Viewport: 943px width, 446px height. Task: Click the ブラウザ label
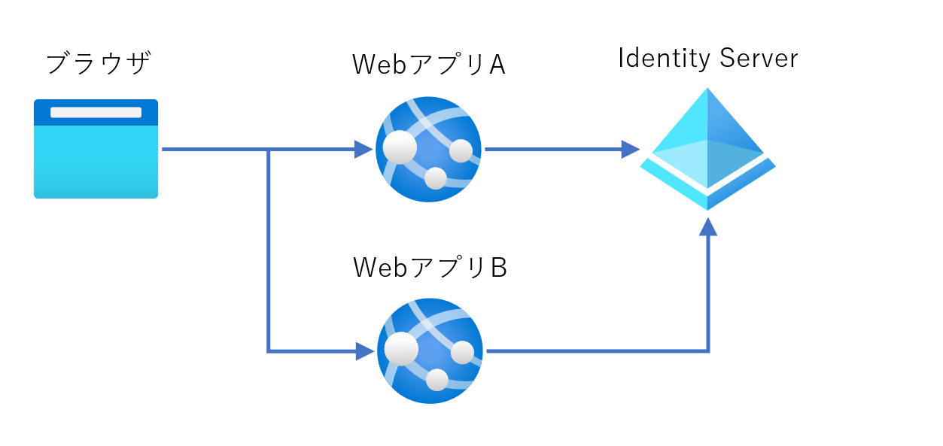pyautogui.click(x=98, y=63)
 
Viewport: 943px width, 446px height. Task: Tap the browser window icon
pyautogui.click(x=96, y=148)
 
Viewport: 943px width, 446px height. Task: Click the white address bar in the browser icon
pyautogui.click(x=96, y=112)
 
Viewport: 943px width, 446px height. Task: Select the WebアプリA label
pyautogui.click(x=428, y=65)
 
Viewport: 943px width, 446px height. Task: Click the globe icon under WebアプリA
pyautogui.click(x=428, y=150)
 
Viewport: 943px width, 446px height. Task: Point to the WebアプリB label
pyautogui.click(x=430, y=267)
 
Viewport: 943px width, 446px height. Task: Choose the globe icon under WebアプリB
pyautogui.click(x=430, y=351)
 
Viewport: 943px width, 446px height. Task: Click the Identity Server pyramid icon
pyautogui.click(x=707, y=149)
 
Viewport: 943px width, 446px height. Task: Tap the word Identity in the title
pyautogui.click(x=665, y=58)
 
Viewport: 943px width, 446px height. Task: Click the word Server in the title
pyautogui.click(x=759, y=58)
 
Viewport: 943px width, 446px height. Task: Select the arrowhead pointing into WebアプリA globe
pyautogui.click(x=364, y=150)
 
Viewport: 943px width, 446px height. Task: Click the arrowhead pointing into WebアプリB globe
pyautogui.click(x=364, y=351)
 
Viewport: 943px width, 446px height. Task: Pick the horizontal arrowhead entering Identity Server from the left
pyautogui.click(x=631, y=150)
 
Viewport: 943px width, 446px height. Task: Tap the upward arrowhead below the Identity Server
pyautogui.click(x=708, y=227)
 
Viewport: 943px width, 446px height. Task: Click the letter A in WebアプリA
pyautogui.click(x=497, y=65)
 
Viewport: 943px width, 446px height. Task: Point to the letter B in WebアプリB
pyautogui.click(x=499, y=268)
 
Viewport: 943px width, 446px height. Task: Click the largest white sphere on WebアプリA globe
pyautogui.click(x=400, y=147)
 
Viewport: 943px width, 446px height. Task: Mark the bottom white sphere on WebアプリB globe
pyautogui.click(x=437, y=380)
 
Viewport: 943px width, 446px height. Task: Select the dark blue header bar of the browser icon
pyautogui.click(x=96, y=112)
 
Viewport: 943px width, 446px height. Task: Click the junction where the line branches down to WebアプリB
pyautogui.click(x=268, y=150)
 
